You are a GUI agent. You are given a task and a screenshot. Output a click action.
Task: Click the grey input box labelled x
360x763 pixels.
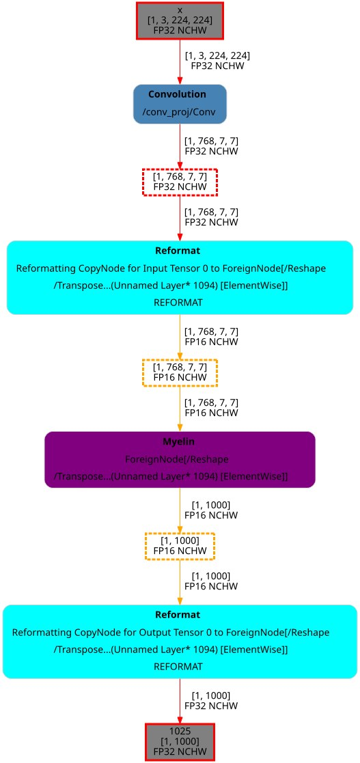pyautogui.click(x=180, y=20)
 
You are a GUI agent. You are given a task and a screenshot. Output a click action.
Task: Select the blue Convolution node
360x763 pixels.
pyautogui.click(x=180, y=104)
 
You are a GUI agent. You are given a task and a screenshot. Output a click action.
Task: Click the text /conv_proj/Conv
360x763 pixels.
pyautogui.click(x=180, y=111)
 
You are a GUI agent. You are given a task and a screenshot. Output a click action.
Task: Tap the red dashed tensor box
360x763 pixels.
pyautogui.click(x=180, y=181)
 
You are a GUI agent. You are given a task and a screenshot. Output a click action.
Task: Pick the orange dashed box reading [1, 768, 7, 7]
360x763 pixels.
pyautogui.click(x=180, y=372)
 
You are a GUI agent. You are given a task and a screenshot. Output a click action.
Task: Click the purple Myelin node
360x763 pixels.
pyautogui.click(x=180, y=459)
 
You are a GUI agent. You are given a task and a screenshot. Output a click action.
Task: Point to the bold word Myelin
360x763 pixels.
pyautogui.click(x=180, y=443)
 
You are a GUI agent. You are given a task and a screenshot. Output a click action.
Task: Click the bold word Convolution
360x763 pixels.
pyautogui.click(x=177, y=94)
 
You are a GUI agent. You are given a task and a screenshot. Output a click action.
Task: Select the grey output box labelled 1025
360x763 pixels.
pyautogui.click(x=180, y=741)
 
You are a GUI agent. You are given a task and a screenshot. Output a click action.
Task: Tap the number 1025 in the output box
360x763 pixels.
pyautogui.click(x=180, y=732)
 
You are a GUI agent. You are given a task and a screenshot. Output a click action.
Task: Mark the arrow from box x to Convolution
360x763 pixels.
pyautogui.click(x=180, y=61)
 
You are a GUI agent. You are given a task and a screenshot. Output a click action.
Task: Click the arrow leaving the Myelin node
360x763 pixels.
pyautogui.click(x=180, y=510)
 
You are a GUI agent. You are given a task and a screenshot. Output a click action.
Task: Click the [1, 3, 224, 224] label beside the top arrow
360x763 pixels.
pyautogui.click(x=217, y=55)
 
